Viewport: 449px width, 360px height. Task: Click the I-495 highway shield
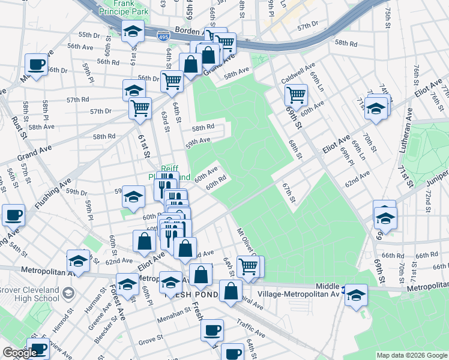[x=163, y=37]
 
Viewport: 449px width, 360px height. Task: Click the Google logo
[x=19, y=353]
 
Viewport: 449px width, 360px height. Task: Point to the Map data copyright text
[x=412, y=355]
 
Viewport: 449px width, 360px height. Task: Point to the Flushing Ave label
[x=52, y=193]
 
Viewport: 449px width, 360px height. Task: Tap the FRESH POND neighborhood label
[x=187, y=294]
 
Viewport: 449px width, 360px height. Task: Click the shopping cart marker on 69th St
[x=296, y=94]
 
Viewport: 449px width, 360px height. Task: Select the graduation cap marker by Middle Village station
[x=356, y=295]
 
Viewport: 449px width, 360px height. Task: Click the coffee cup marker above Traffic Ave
[x=211, y=330]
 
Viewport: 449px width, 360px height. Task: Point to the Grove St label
[x=147, y=343]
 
